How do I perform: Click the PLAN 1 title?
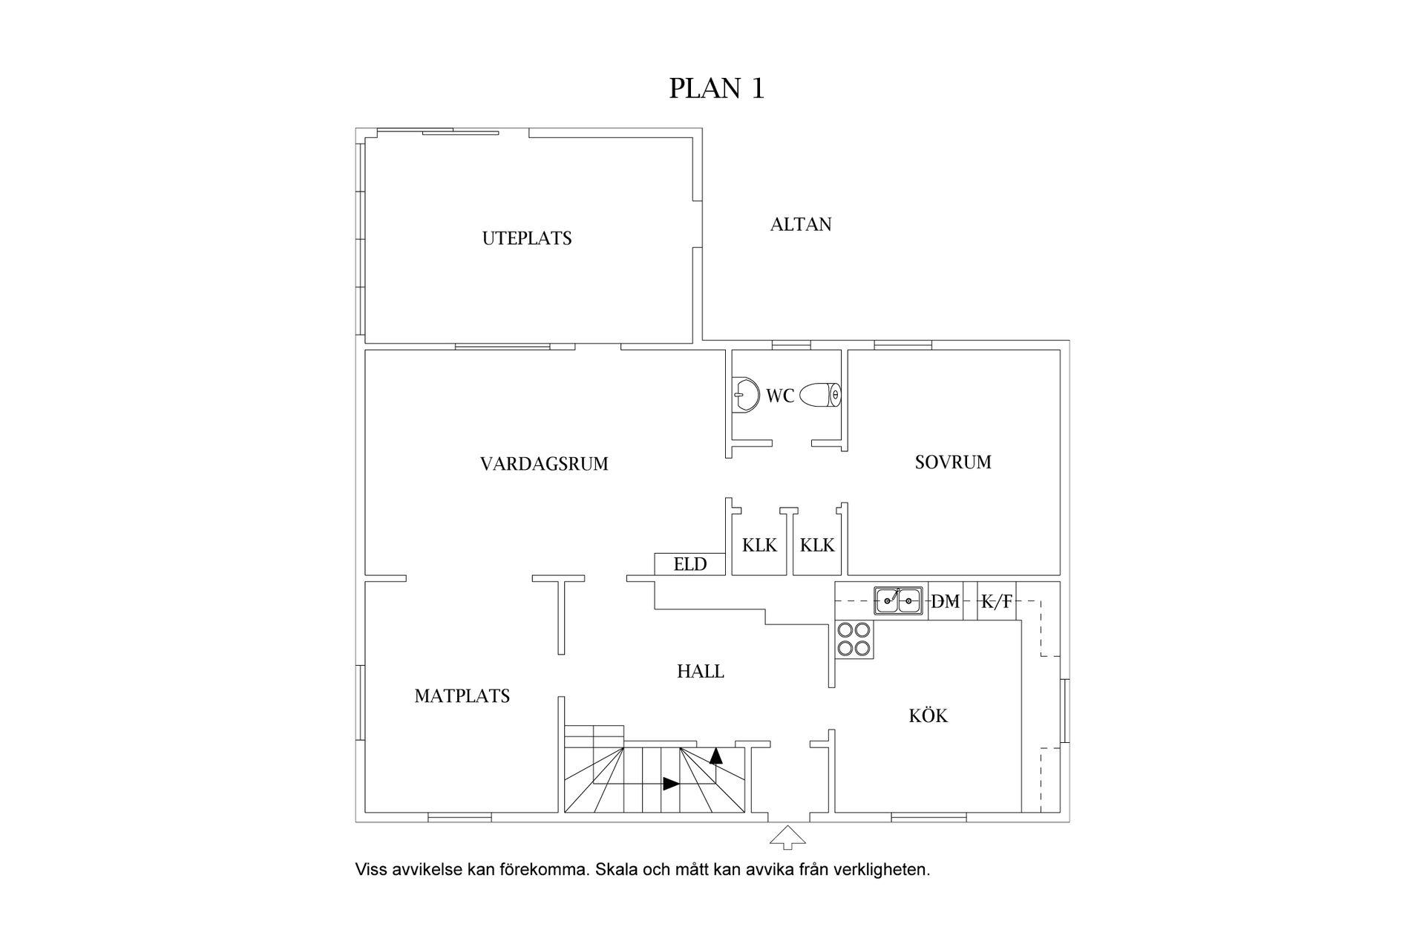(716, 88)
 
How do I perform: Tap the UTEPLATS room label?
(527, 239)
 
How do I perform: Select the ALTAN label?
(801, 224)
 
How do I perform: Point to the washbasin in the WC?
(744, 394)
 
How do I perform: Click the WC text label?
(780, 396)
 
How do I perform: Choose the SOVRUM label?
(953, 462)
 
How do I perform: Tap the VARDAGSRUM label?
(544, 465)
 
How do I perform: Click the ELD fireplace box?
(689, 564)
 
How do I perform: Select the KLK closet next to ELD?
(759, 546)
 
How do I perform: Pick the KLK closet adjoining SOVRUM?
(817, 546)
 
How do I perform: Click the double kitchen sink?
(898, 600)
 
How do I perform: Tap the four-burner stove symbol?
(854, 639)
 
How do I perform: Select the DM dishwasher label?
(946, 602)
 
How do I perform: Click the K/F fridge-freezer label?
(996, 602)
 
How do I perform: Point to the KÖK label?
(928, 716)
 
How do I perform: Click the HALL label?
(701, 672)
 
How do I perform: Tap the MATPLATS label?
(462, 696)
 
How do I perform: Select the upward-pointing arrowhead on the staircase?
(716, 756)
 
